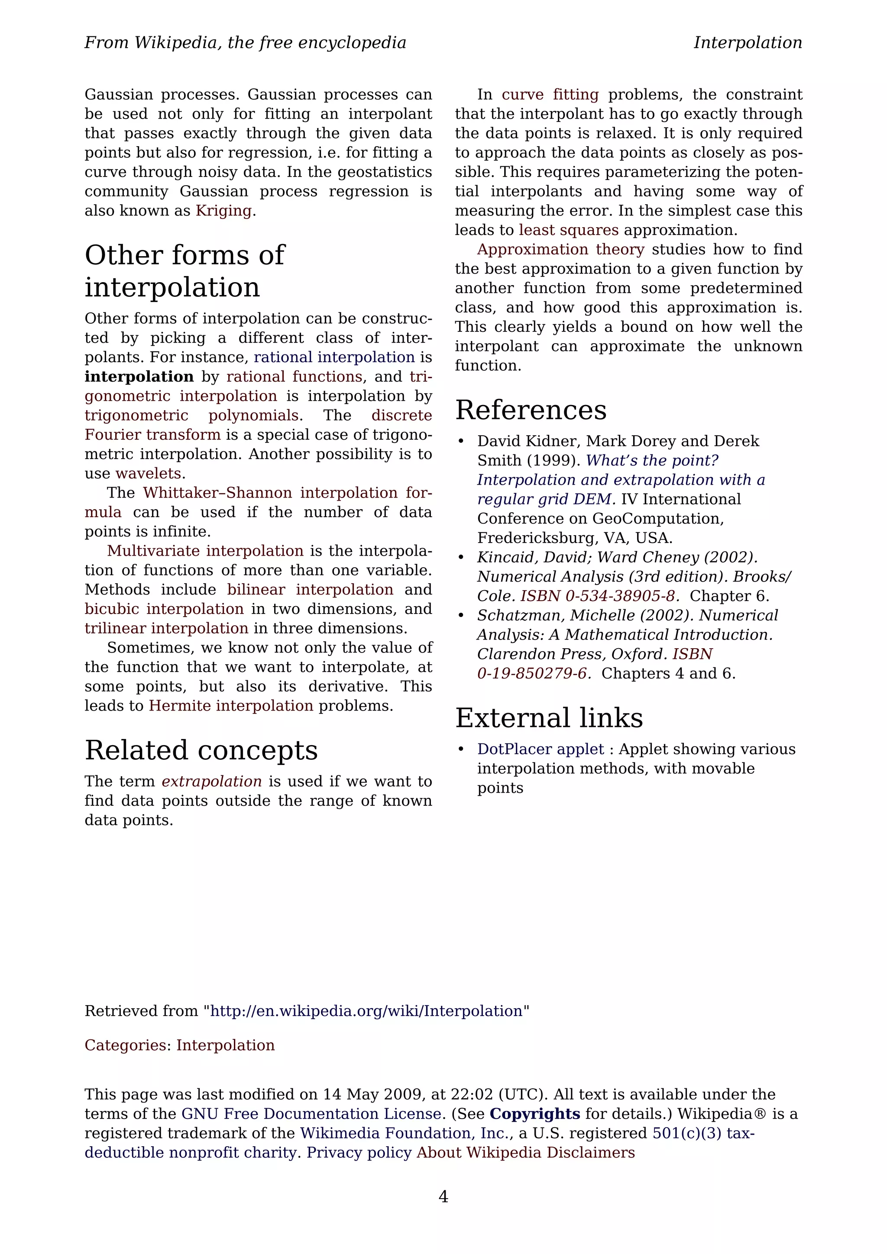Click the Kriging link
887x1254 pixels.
[223, 211]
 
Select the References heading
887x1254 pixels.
[530, 410]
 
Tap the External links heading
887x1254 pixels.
[549, 718]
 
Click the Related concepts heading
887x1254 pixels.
[201, 750]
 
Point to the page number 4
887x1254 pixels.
[443, 1196]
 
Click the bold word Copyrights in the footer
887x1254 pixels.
[534, 1114]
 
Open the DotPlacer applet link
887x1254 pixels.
[540, 749]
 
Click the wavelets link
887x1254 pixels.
[148, 473]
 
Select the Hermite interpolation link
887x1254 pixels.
[231, 706]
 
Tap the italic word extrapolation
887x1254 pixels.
[211, 781]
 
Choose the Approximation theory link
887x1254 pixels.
[560, 250]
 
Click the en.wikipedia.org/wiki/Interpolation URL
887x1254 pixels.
[366, 1011]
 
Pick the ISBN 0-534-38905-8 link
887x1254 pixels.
[599, 596]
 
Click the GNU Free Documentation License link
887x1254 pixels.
[311, 1114]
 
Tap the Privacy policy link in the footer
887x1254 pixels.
[359, 1152]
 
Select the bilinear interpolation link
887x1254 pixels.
[310, 590]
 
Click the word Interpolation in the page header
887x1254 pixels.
[747, 42]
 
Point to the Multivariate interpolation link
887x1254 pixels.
[205, 551]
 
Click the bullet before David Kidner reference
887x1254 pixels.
[461, 441]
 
